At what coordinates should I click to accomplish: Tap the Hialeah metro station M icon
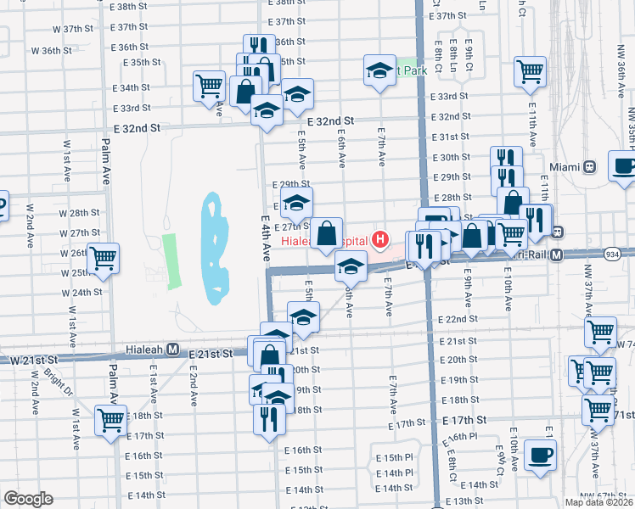(172, 349)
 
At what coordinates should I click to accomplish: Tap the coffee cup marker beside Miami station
(625, 167)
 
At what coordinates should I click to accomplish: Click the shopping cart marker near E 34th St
(209, 85)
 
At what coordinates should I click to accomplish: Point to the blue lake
(214, 251)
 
